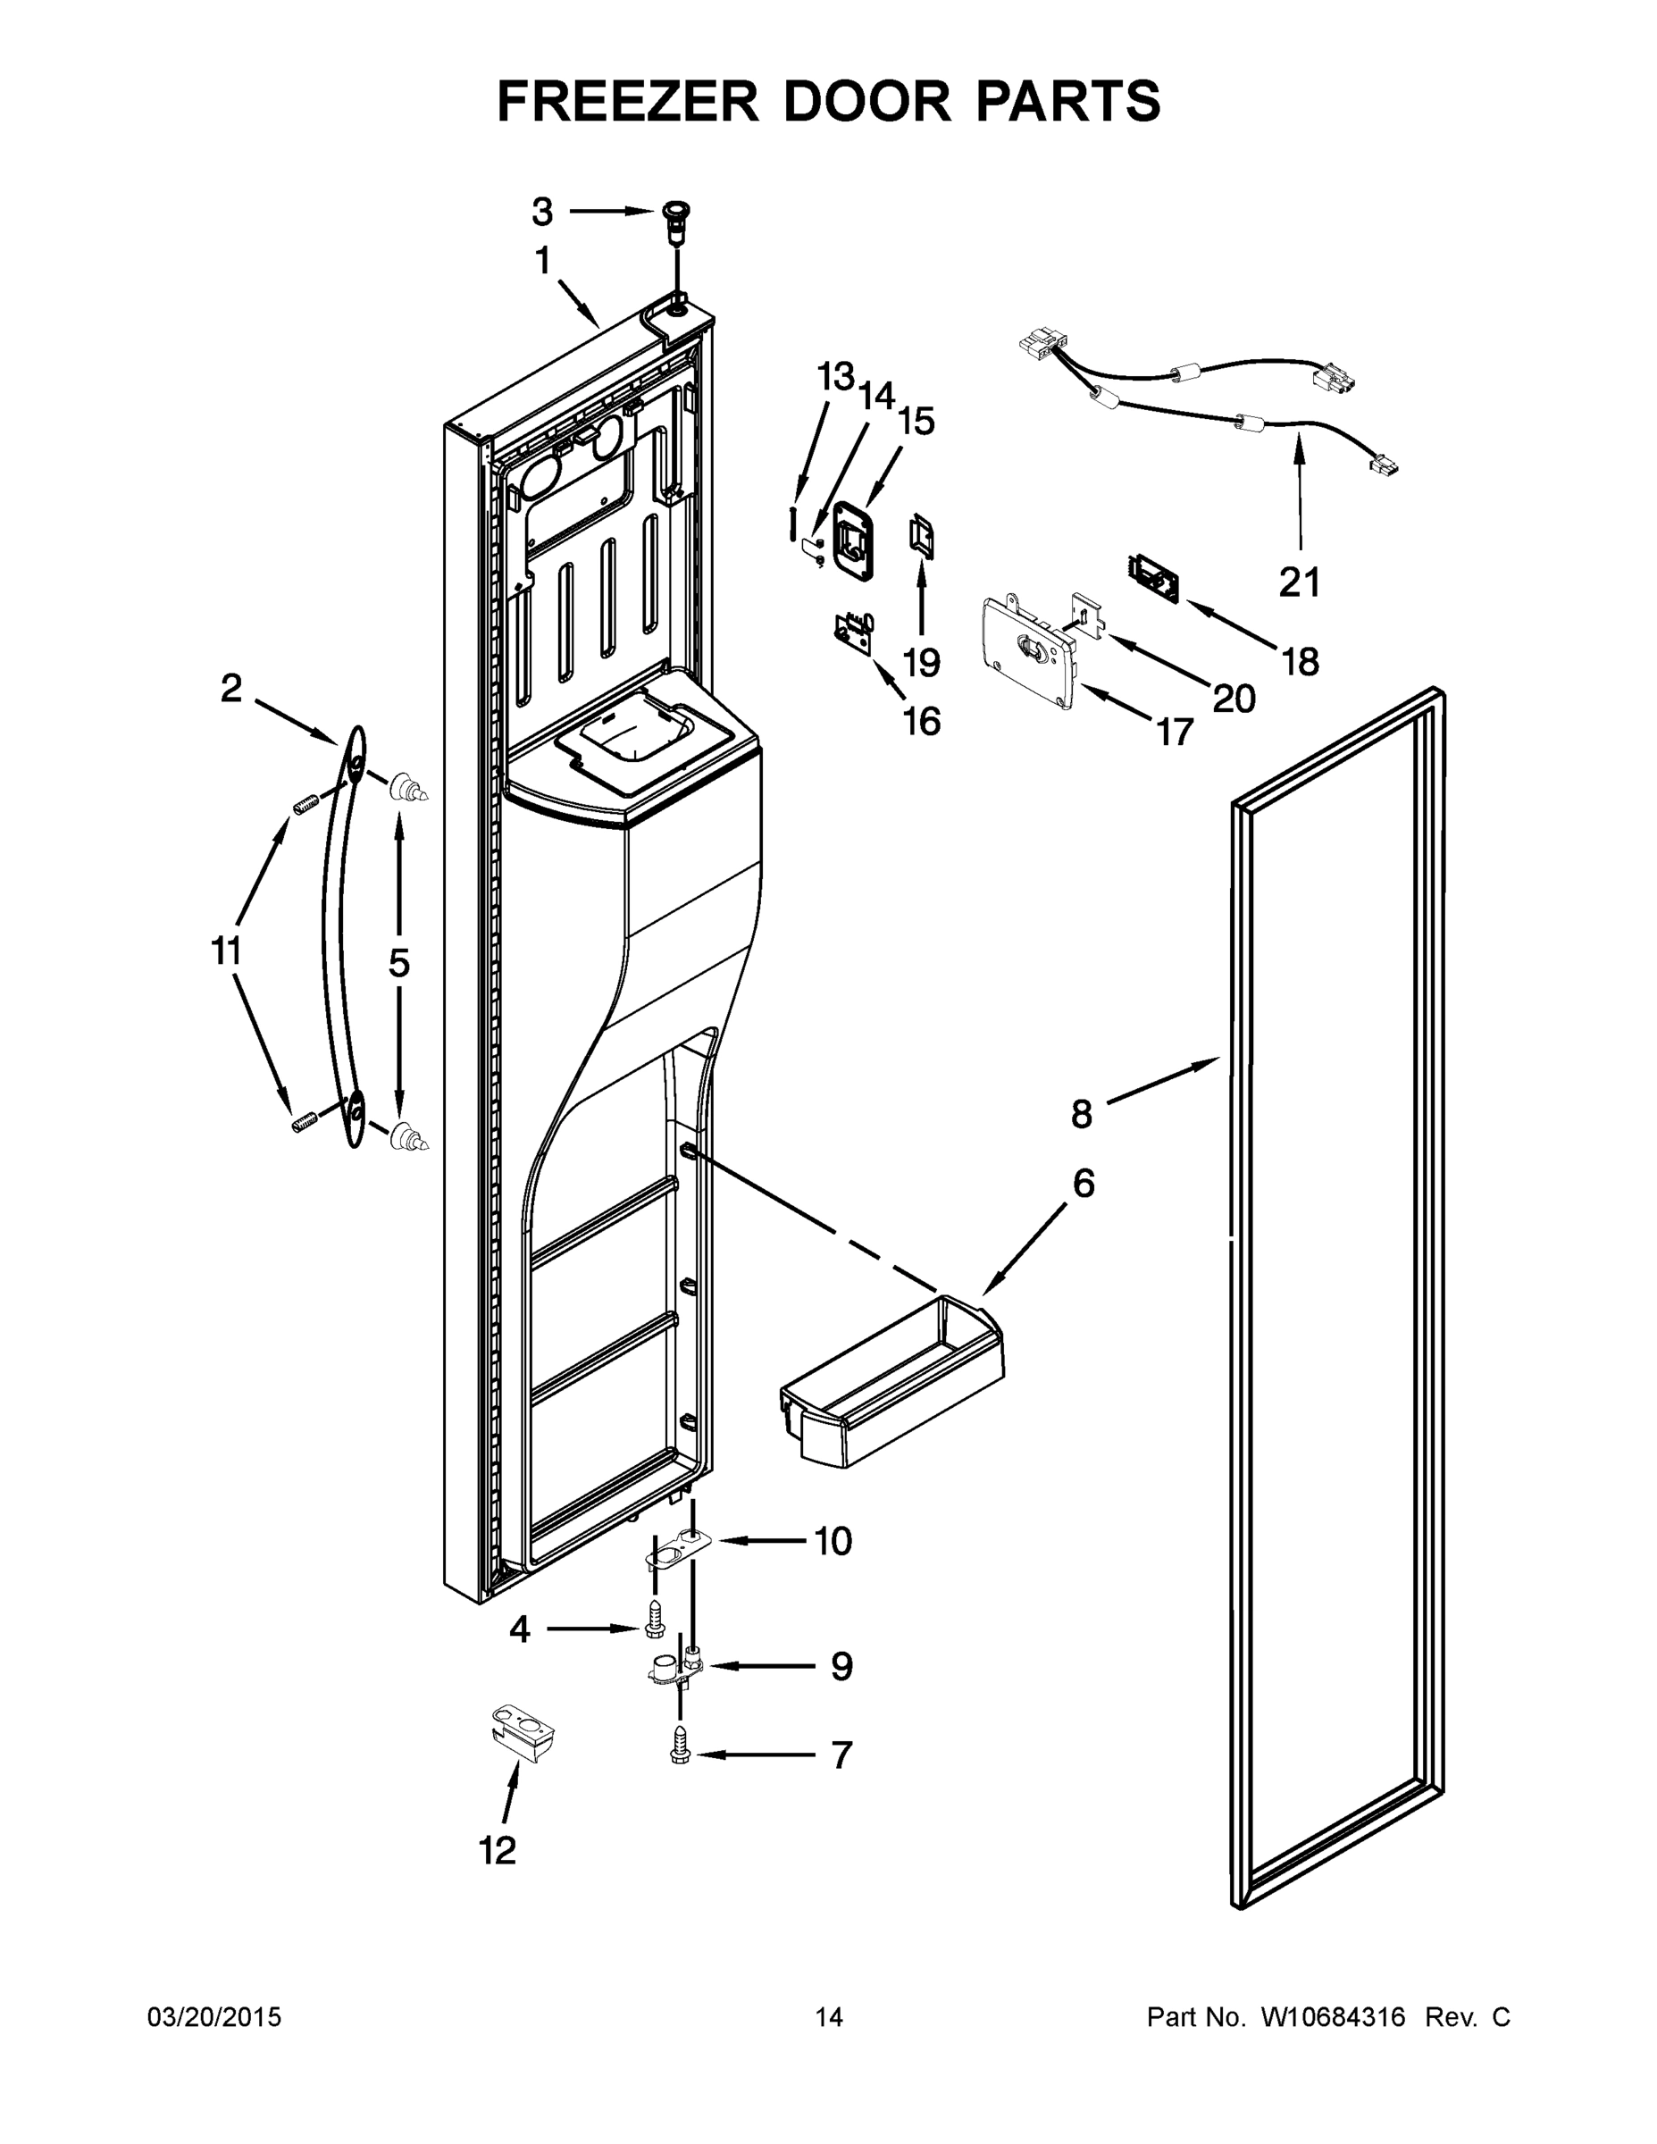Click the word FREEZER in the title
click(x=627, y=101)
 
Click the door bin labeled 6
click(x=893, y=1393)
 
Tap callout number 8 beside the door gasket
click(x=1081, y=1114)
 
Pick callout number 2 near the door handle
click(x=230, y=688)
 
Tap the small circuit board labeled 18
click(x=1154, y=577)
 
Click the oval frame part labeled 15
click(x=853, y=535)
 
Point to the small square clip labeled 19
click(x=922, y=537)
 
